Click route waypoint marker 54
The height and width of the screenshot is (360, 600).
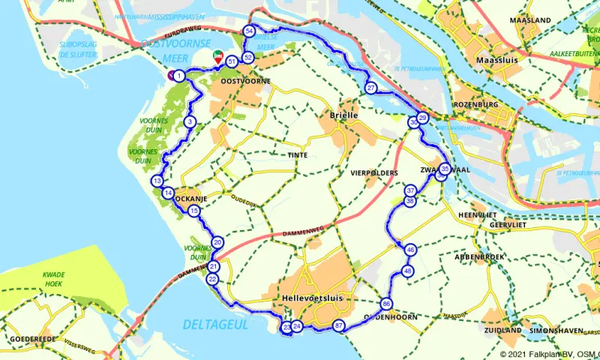point(249,31)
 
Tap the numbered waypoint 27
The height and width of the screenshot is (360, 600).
point(371,88)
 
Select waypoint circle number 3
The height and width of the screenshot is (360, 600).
point(190,122)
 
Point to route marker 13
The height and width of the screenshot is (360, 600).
point(157,181)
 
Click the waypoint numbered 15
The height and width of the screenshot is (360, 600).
point(194,211)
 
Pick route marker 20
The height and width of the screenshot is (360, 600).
point(217,242)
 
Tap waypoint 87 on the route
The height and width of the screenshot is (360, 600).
point(339,326)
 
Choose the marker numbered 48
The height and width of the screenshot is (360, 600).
point(408,271)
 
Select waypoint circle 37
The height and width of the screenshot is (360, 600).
point(410,190)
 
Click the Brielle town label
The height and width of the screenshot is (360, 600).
point(345,115)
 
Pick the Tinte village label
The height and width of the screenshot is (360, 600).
point(297,155)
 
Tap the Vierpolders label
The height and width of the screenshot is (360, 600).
point(373,172)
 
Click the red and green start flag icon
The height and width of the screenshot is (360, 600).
point(217,55)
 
